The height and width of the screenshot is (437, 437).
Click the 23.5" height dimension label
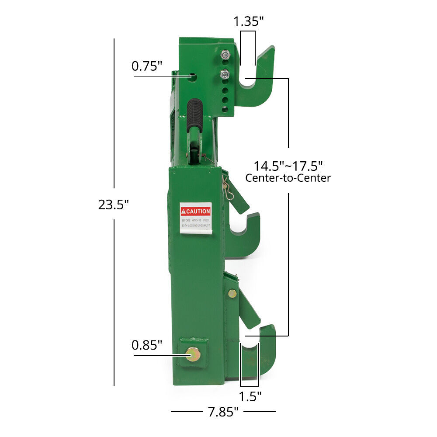114,204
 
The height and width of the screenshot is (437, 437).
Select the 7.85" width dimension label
223,411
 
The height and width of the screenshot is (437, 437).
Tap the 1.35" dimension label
248,21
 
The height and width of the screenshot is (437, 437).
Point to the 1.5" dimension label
250,396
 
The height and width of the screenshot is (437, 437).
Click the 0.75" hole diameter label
147,66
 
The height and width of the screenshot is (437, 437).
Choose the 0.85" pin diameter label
147,345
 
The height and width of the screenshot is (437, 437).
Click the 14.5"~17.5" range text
288,166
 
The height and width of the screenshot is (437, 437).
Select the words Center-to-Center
288,178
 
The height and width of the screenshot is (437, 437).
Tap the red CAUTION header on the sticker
196,211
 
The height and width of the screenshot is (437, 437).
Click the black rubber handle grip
194,114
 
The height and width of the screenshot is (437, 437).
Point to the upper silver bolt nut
225,55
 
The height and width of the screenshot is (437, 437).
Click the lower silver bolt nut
225,74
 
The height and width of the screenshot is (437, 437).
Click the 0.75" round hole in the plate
193,77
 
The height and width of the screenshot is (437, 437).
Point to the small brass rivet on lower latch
232,294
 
